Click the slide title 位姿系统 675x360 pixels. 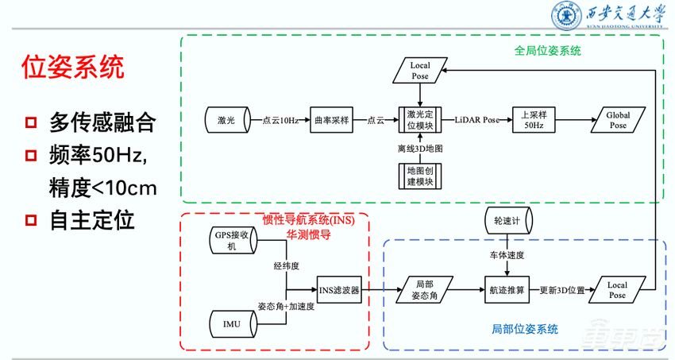tap(72, 67)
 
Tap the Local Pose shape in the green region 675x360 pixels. tap(419, 70)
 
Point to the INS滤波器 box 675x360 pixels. tap(338, 290)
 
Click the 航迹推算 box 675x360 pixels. tap(507, 290)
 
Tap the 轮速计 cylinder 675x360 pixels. tap(507, 219)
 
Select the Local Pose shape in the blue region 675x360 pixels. tap(616, 290)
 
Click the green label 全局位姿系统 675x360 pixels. tap(548, 50)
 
